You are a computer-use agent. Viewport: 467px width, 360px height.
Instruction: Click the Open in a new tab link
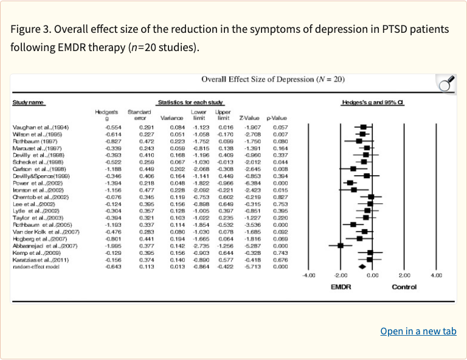coord(418,331)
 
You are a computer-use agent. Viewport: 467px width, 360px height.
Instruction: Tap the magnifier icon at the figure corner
coord(447,84)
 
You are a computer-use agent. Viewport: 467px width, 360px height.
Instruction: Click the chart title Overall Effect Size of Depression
coord(273,80)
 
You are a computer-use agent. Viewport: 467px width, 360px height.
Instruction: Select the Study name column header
coord(29,102)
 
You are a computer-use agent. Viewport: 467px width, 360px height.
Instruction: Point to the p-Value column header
coord(277,117)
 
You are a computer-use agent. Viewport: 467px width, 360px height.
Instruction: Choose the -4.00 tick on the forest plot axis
coord(309,275)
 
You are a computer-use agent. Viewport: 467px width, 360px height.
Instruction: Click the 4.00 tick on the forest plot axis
coord(436,275)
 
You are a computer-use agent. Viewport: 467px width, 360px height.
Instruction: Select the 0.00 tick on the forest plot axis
coord(373,275)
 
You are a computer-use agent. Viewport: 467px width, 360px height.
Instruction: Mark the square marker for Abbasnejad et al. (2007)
coord(341,245)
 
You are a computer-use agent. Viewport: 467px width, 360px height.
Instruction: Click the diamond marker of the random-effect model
coord(362,266)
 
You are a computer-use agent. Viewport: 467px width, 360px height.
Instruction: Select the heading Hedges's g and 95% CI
coord(372,102)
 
